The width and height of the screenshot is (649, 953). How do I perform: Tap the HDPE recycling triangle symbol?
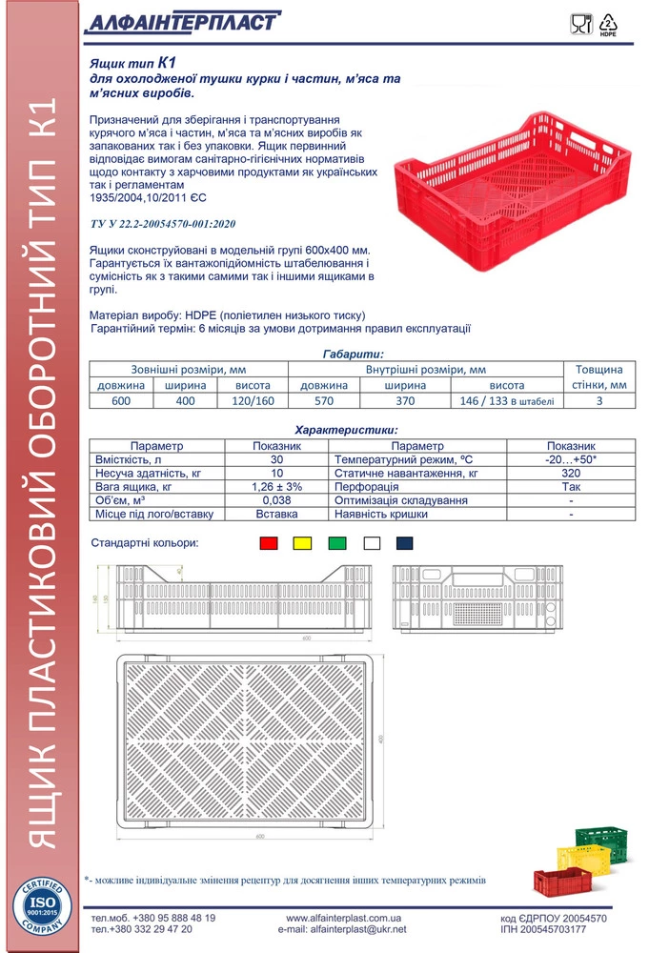tap(607, 24)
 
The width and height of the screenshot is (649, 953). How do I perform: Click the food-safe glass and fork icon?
tap(580, 24)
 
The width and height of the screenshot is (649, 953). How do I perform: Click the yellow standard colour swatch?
tap(302, 543)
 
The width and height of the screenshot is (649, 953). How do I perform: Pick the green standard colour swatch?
tap(336, 543)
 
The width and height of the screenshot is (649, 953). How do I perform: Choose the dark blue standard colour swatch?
tap(405, 543)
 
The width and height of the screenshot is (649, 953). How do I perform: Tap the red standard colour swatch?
tap(269, 543)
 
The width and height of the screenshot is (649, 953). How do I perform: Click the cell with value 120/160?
tap(253, 401)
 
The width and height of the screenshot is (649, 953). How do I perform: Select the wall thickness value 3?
tap(599, 401)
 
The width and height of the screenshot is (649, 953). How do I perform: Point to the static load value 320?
tap(571, 473)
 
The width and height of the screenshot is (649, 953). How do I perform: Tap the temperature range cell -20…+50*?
tap(571, 459)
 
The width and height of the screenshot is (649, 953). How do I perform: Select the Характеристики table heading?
tap(347, 431)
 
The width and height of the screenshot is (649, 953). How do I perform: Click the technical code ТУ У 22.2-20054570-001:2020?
tap(174, 223)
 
